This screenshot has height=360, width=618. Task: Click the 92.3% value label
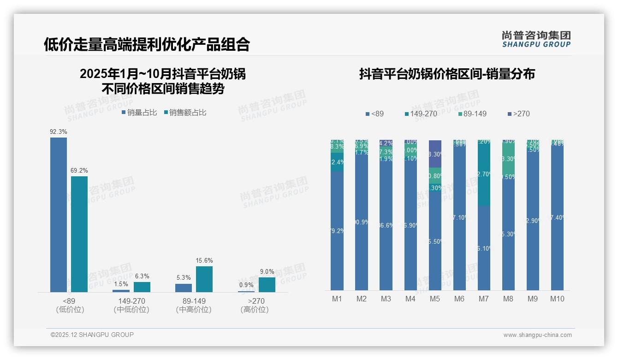(59, 132)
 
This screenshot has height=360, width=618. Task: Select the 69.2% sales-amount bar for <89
(79, 234)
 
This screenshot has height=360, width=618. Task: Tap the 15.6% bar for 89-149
(204, 279)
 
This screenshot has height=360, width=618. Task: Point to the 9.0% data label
(267, 271)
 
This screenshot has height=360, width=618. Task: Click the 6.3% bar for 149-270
(142, 287)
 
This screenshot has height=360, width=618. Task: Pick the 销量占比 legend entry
(139, 112)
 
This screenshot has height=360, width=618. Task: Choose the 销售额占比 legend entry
(185, 112)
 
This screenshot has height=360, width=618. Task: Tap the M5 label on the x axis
(435, 299)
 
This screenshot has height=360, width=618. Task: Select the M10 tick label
(557, 299)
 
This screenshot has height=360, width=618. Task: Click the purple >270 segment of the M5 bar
(435, 154)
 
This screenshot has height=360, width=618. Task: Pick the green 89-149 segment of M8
(508, 158)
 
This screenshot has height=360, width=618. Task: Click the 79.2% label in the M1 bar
(338, 231)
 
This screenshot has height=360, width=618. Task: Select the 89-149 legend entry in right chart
(473, 114)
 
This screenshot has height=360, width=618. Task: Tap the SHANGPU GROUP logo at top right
(536, 39)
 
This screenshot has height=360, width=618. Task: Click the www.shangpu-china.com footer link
(537, 335)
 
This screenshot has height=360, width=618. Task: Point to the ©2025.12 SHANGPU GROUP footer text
(92, 335)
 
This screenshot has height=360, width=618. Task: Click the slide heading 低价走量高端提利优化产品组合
(147, 44)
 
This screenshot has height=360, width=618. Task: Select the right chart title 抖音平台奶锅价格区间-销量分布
(447, 74)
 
